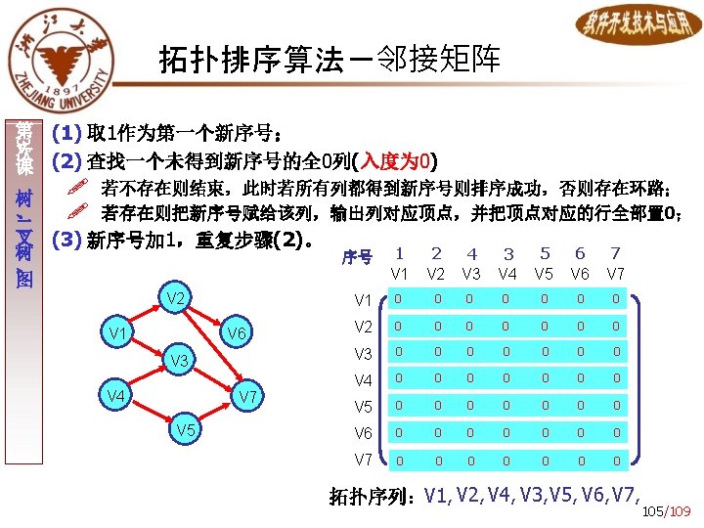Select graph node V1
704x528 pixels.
click(x=121, y=334)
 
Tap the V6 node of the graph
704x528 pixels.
click(x=237, y=334)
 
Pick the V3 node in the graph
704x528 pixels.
click(x=178, y=362)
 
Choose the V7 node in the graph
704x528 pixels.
click(x=247, y=397)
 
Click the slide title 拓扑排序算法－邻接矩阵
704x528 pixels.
click(x=330, y=61)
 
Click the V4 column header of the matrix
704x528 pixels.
click(x=507, y=274)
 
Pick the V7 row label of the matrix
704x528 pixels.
click(x=363, y=460)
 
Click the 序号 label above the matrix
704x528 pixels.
click(x=356, y=258)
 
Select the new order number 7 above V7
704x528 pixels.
click(x=615, y=254)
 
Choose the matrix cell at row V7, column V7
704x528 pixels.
click(x=616, y=460)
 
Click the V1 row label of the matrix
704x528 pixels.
click(x=363, y=299)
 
